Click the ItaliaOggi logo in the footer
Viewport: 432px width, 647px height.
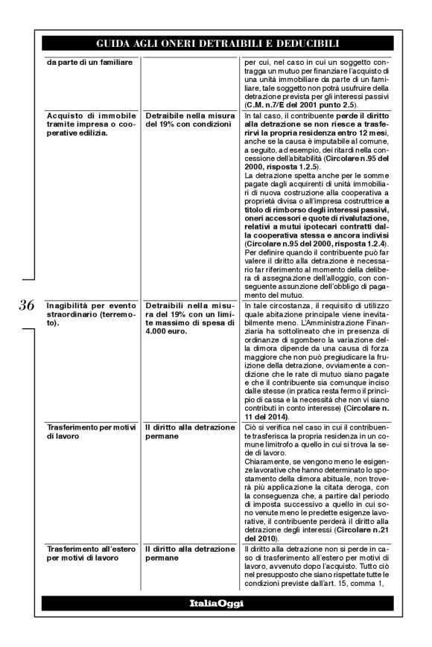(215, 603)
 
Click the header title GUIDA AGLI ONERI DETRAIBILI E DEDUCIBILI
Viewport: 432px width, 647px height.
(215, 44)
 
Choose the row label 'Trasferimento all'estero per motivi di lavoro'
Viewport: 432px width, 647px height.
(89, 553)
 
